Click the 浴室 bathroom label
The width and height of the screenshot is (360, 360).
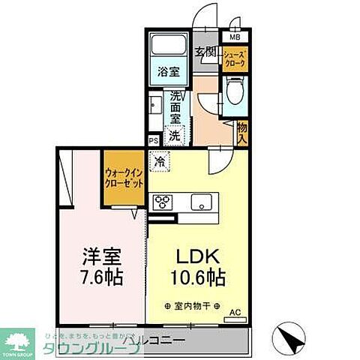click(x=168, y=72)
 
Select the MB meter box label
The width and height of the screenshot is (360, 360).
click(x=235, y=37)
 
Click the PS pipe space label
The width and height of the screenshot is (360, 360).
click(x=154, y=140)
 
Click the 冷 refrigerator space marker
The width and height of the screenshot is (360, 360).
click(x=160, y=160)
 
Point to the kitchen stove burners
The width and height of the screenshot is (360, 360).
click(x=163, y=201)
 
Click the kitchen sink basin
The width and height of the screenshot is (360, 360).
click(x=202, y=201)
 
